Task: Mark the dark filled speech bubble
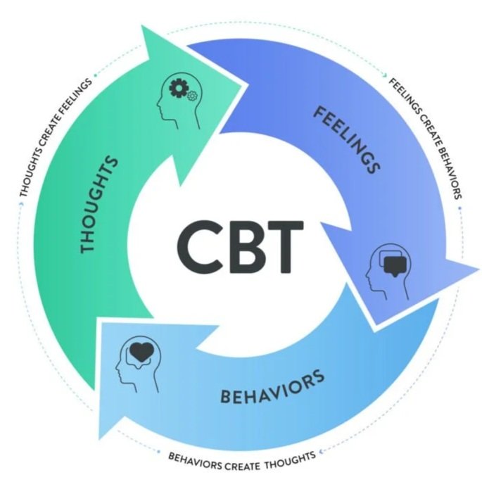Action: [x=392, y=262]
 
